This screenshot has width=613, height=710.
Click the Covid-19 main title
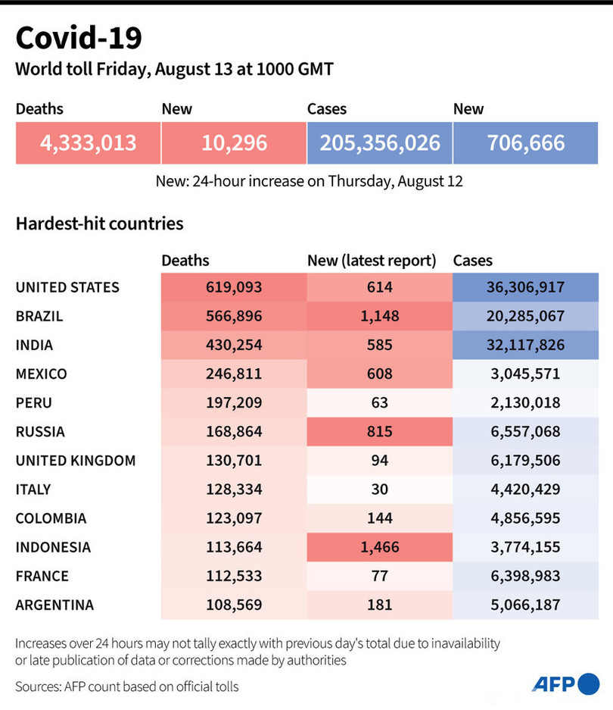coord(78,37)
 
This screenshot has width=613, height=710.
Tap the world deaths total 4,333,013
coord(88,142)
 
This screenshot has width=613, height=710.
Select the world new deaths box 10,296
coord(233,142)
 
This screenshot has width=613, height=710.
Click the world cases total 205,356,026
coord(379,142)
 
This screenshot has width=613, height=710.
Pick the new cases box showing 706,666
coord(525,142)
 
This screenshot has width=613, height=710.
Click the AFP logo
coord(565,683)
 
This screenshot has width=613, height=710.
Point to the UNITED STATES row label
coord(67,287)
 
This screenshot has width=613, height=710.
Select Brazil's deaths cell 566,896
coord(233,316)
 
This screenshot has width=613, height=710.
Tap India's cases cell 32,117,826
coord(525,345)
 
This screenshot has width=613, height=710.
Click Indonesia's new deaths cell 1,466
coord(379,547)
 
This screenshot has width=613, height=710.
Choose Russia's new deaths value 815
coord(379,431)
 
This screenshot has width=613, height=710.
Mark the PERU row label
coord(34,402)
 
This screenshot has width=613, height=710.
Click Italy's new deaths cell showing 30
coord(379,489)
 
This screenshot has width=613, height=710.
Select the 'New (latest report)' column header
coord(372,261)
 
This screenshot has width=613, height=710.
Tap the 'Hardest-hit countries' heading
coord(99,224)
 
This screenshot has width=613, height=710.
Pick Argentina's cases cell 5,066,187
coord(525,605)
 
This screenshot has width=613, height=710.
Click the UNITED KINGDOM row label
coord(76,460)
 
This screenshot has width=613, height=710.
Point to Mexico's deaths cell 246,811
coord(233,374)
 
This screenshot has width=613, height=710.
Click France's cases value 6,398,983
coord(525,576)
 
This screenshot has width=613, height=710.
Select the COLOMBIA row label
coord(51,518)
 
